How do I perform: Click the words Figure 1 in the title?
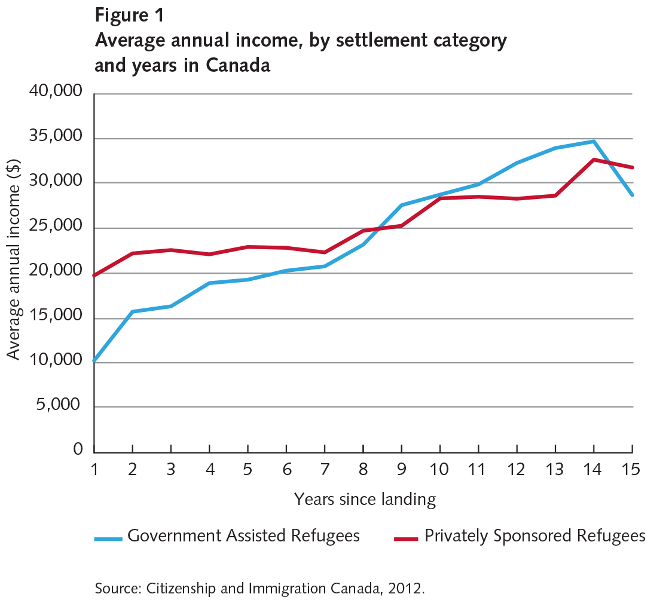pyautogui.click(x=129, y=16)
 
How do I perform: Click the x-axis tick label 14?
pyautogui.click(x=594, y=469)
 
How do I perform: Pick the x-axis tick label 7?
pyautogui.click(x=324, y=469)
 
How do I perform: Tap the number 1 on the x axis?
pyautogui.click(x=94, y=469)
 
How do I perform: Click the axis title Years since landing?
pyautogui.click(x=365, y=499)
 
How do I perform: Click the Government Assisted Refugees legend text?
pyautogui.click(x=243, y=535)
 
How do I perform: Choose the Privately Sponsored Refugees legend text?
pyautogui.click(x=535, y=535)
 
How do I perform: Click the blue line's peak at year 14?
pyautogui.click(x=594, y=141)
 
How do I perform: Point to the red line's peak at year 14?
pyautogui.click(x=594, y=160)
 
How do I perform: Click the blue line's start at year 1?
pyautogui.click(x=95, y=361)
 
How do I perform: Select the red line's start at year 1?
pyautogui.click(x=95, y=275)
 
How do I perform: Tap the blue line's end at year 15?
pyautogui.click(x=633, y=195)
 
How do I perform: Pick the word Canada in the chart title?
pyautogui.click(x=239, y=65)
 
